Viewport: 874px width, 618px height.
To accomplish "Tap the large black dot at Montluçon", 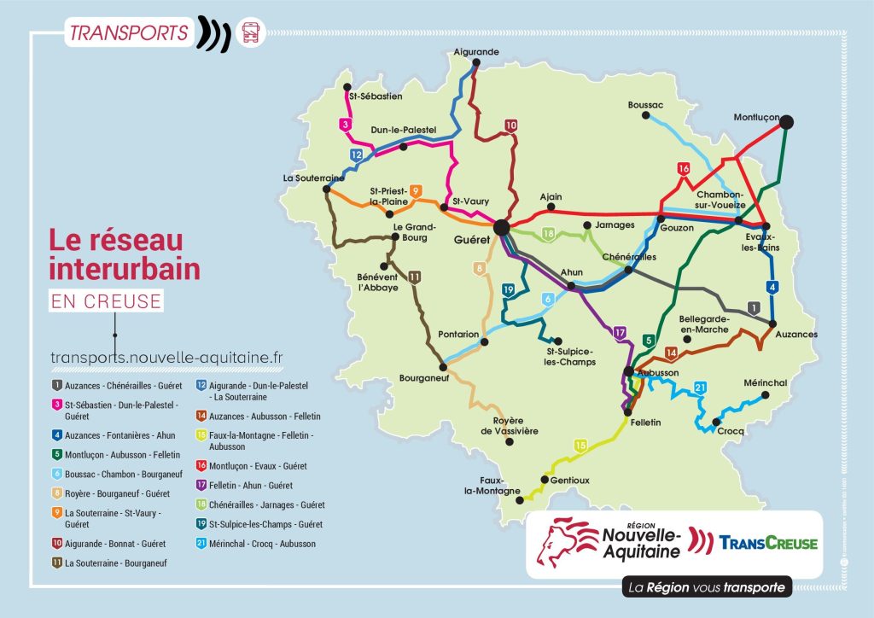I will [x=787, y=122].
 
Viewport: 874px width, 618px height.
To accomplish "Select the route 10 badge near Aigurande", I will [x=510, y=125].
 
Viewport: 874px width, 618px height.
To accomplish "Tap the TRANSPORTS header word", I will [x=129, y=33].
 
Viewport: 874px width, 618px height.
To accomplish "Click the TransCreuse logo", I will [x=767, y=543].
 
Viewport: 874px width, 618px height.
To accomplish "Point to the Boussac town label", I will [x=645, y=105].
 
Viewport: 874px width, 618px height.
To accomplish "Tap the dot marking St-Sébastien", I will [x=348, y=86].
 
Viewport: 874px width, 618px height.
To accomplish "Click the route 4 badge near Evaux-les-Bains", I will [x=772, y=287].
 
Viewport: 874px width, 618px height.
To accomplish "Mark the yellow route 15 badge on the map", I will [x=580, y=445].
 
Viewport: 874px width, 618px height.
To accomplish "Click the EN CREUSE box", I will [x=106, y=300].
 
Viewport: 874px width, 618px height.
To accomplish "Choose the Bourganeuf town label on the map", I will [x=425, y=378].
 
